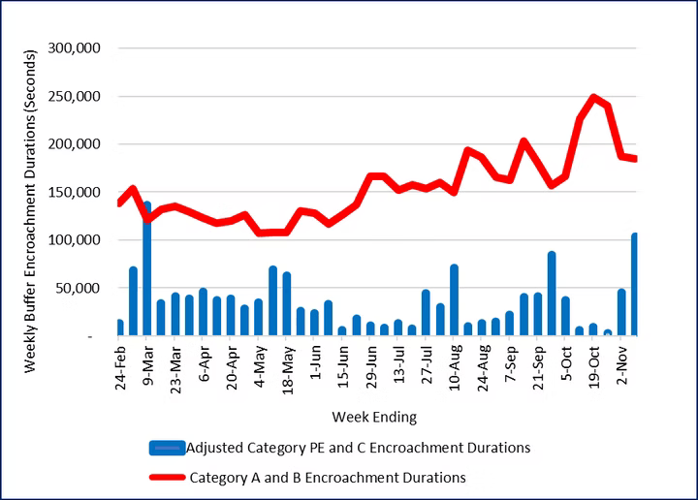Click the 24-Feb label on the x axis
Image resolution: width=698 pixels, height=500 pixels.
pyautogui.click(x=121, y=366)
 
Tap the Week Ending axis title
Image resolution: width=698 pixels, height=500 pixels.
pyautogui.click(x=374, y=418)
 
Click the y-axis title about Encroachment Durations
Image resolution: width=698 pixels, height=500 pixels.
pyautogui.click(x=31, y=191)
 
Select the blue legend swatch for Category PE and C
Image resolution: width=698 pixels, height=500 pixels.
pyautogui.click(x=167, y=448)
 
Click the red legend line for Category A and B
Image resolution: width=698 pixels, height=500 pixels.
pyautogui.click(x=167, y=477)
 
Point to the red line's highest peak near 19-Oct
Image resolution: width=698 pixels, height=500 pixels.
pyautogui.click(x=594, y=97)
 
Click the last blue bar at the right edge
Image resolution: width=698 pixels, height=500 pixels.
pyautogui.click(x=635, y=285)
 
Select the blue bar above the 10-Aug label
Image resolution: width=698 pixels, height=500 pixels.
pyautogui.click(x=454, y=300)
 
